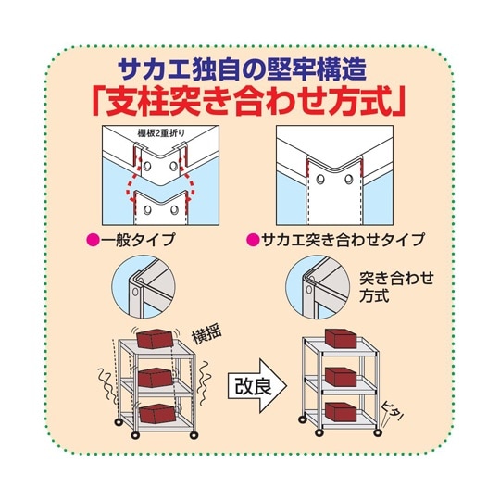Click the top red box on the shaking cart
click(156, 340)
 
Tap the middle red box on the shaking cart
click(155, 377)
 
